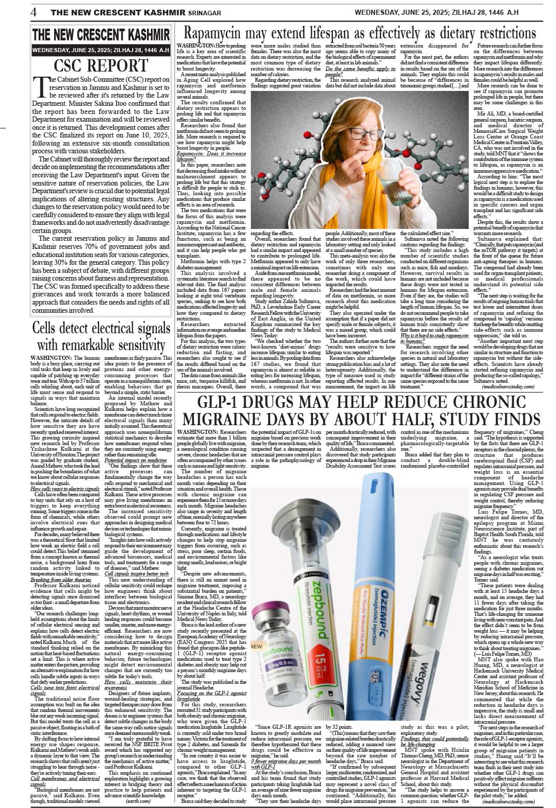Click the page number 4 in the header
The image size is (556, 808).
(x=33, y=12)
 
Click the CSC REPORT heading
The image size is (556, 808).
(x=101, y=66)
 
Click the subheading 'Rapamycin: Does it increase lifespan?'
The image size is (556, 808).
(x=210, y=156)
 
